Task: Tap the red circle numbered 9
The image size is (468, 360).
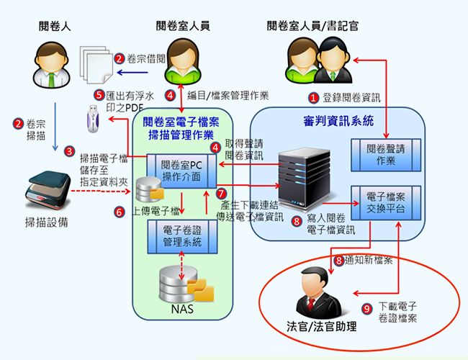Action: (366, 308)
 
